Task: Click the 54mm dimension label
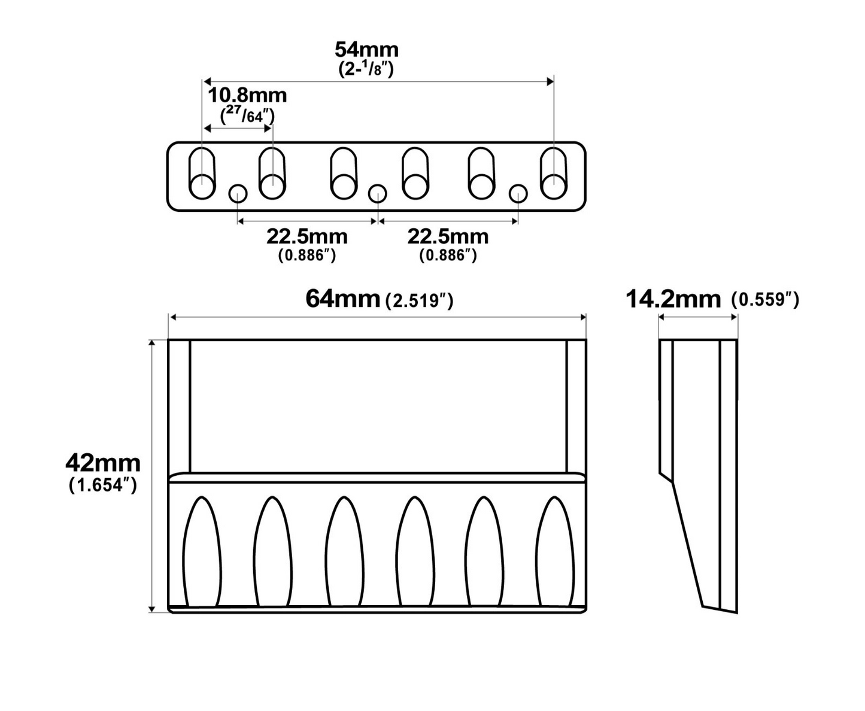point(366,50)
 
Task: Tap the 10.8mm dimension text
point(247,96)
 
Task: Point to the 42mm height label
point(103,463)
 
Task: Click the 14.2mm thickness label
point(673,299)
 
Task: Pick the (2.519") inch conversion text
point(420,302)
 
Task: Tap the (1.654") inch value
point(103,485)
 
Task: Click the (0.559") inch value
point(766,300)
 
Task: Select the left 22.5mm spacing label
point(307,236)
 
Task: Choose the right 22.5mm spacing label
point(448,236)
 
